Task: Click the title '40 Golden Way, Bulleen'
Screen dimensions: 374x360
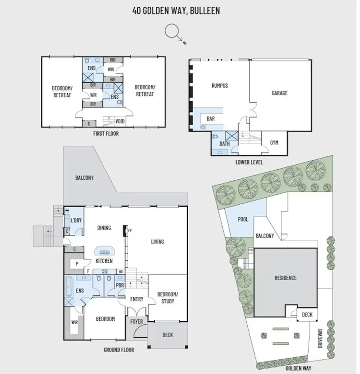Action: (x=176, y=10)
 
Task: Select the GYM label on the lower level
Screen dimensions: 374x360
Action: (x=274, y=143)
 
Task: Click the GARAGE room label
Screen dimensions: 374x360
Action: (x=279, y=93)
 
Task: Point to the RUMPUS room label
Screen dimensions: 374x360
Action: (x=219, y=86)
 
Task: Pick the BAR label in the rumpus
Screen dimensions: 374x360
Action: (x=210, y=118)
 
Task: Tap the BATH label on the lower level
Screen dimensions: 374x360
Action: (x=225, y=143)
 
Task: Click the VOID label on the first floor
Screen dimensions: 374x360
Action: (x=120, y=122)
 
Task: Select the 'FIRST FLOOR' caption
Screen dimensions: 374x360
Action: (x=106, y=134)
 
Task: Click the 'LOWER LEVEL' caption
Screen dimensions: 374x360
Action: (x=249, y=163)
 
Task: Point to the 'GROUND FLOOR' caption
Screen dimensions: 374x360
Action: (x=119, y=350)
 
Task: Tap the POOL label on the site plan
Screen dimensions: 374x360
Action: (x=243, y=219)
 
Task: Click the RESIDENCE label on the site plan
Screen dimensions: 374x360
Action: (x=286, y=278)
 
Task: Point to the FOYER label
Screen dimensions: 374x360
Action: (x=137, y=321)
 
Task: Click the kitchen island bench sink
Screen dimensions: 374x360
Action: (x=104, y=250)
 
